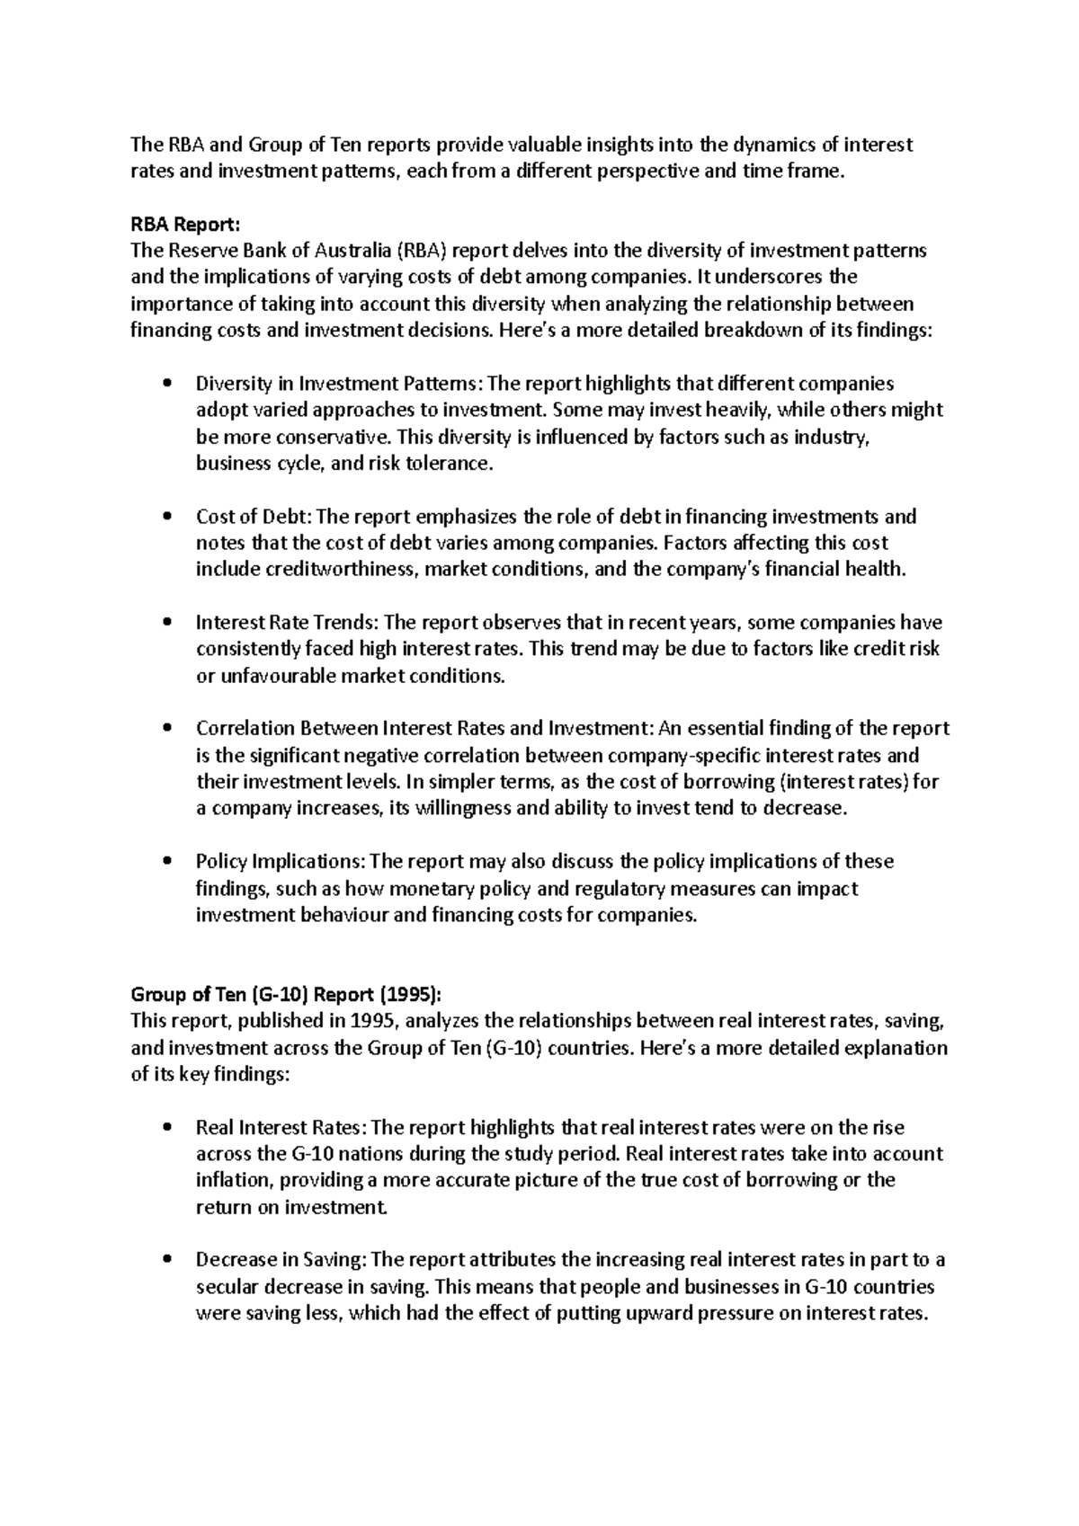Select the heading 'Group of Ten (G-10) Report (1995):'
(x=287, y=994)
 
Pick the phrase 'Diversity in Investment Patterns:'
(x=339, y=384)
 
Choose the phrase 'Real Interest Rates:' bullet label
(x=281, y=1127)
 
